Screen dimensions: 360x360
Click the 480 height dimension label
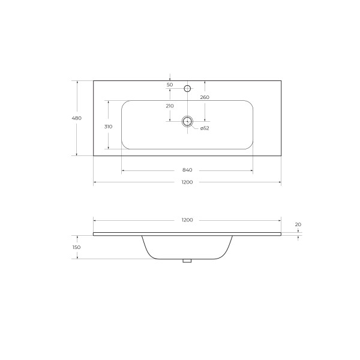(76, 118)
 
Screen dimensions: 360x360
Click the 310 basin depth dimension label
(108, 126)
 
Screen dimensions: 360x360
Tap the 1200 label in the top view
(187, 182)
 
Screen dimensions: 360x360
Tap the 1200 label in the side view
(187, 220)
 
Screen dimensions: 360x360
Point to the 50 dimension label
(170, 85)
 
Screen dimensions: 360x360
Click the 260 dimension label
(205, 97)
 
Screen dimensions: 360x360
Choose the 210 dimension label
(170, 106)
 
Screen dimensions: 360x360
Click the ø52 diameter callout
(204, 128)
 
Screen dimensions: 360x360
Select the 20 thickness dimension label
(298, 224)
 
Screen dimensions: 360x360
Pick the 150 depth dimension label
(76, 247)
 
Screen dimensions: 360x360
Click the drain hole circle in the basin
(187, 121)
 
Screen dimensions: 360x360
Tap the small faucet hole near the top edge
(187, 89)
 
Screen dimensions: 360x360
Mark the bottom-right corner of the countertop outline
(281, 156)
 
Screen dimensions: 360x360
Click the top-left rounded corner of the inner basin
(124, 103)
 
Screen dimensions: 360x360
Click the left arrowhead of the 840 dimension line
(123, 171)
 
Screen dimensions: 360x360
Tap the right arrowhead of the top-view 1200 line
(280, 182)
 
